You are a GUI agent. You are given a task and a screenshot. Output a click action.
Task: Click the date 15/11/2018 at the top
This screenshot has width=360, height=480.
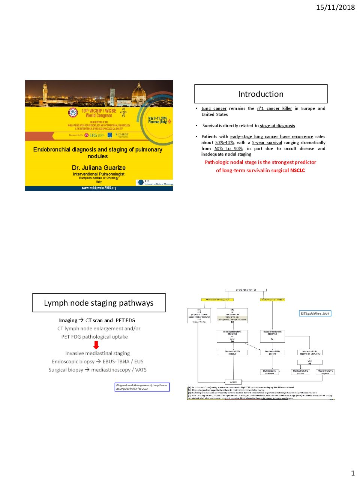pyautogui.click(x=335, y=7)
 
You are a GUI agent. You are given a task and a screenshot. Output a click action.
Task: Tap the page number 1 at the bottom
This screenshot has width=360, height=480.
pyautogui.click(x=352, y=473)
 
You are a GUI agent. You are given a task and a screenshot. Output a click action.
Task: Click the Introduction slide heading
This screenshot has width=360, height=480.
pyautogui.click(x=261, y=94)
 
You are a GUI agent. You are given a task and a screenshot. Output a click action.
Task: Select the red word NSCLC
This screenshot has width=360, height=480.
pyautogui.click(x=297, y=170)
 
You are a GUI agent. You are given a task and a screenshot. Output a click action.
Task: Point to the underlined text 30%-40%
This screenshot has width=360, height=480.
pyautogui.click(x=224, y=142)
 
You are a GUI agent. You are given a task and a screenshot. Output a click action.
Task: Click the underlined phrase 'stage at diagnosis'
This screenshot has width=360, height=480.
pyautogui.click(x=277, y=126)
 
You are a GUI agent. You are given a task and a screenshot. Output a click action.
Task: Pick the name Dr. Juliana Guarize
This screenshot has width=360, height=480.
pyautogui.click(x=99, y=168)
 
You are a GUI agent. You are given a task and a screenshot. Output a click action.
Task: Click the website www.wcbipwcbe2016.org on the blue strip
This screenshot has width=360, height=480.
pyautogui.click(x=99, y=188)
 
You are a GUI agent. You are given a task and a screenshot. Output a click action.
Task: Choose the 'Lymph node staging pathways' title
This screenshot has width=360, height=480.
pyautogui.click(x=99, y=303)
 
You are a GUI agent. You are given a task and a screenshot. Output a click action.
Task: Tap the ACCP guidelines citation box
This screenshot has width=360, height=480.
pyautogui.click(x=142, y=387)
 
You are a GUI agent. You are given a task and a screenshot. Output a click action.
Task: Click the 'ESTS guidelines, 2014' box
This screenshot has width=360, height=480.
pyautogui.click(x=315, y=313)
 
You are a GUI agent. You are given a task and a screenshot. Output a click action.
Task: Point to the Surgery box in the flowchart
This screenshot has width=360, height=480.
pyautogui.click(x=233, y=382)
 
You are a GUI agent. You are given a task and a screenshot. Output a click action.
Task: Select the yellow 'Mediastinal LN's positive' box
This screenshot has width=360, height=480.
pyautogui.click(x=272, y=300)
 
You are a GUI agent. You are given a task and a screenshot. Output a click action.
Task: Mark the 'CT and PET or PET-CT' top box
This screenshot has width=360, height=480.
pyautogui.click(x=246, y=290)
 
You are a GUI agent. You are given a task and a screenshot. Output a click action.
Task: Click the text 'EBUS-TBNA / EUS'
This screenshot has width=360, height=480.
pyautogui.click(x=123, y=361)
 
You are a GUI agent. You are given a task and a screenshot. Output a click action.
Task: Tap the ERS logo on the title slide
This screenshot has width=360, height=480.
pyautogui.click(x=93, y=135)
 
